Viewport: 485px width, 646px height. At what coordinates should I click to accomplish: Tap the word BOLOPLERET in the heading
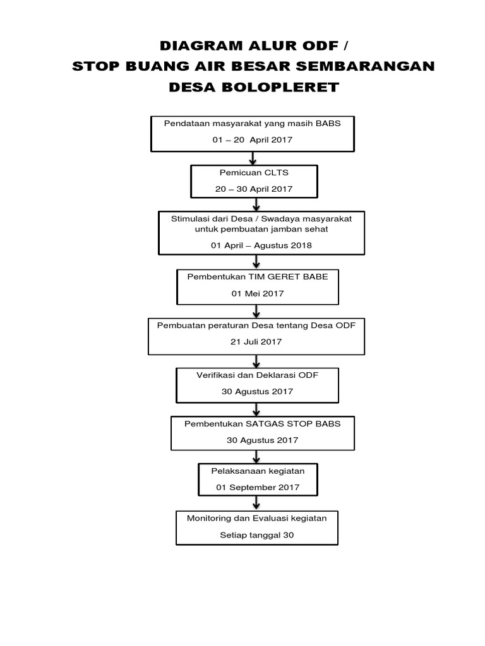pyautogui.click(x=279, y=88)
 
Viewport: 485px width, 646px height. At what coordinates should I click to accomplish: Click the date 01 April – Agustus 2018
pyautogui.click(x=261, y=245)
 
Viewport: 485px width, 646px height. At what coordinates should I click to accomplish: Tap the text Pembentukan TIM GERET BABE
pyautogui.click(x=257, y=277)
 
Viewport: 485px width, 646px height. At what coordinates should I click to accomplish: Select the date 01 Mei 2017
pyautogui.click(x=257, y=293)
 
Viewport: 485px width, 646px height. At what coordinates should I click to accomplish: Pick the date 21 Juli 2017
pyautogui.click(x=256, y=341)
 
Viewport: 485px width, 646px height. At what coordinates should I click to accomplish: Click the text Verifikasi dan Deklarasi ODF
pyautogui.click(x=257, y=375)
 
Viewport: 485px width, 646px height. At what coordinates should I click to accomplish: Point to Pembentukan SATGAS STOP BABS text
pyautogui.click(x=262, y=423)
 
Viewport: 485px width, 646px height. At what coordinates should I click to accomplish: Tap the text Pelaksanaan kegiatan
pyautogui.click(x=257, y=471)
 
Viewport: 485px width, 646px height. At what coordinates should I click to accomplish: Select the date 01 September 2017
pyautogui.click(x=257, y=487)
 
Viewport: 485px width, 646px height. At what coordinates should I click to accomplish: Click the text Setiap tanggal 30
pyautogui.click(x=257, y=536)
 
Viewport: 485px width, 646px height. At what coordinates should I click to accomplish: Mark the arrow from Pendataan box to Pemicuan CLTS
pyautogui.click(x=253, y=158)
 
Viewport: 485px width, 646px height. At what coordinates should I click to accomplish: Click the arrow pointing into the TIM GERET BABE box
pyautogui.click(x=257, y=261)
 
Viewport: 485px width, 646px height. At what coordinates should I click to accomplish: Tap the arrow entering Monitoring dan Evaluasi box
pyautogui.click(x=257, y=503)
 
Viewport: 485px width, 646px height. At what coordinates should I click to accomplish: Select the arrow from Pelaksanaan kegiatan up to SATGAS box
pyautogui.click(x=257, y=455)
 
